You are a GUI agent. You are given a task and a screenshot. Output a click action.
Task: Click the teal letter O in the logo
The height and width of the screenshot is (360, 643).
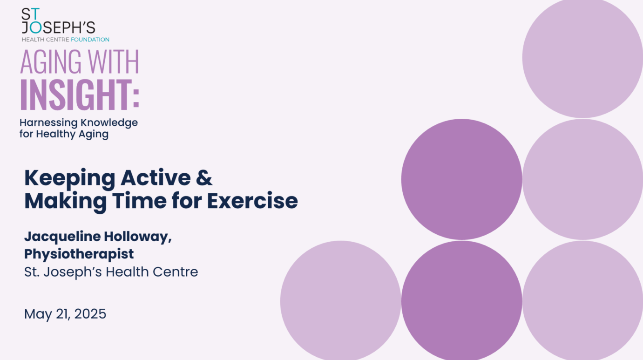coord(36,28)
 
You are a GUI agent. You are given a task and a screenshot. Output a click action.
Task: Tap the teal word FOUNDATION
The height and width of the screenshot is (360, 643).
coord(90,40)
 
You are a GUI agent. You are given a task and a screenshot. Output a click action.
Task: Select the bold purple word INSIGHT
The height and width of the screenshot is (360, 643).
coord(76,95)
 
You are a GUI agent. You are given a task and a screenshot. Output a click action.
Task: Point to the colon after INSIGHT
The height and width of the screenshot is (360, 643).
coord(136,98)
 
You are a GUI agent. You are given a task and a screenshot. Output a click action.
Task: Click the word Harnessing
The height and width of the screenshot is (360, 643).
coord(48,123)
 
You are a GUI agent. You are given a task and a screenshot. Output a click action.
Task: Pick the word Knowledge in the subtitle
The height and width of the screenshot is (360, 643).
coord(109,123)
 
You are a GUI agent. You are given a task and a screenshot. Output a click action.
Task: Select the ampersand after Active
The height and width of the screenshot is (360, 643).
coord(204,178)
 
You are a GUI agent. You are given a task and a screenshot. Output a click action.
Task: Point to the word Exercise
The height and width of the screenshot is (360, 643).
coord(253,200)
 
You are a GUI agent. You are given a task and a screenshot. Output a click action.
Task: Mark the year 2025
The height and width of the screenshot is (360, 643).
coord(90,314)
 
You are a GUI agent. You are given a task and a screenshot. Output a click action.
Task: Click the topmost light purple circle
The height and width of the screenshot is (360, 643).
coord(582,57)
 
